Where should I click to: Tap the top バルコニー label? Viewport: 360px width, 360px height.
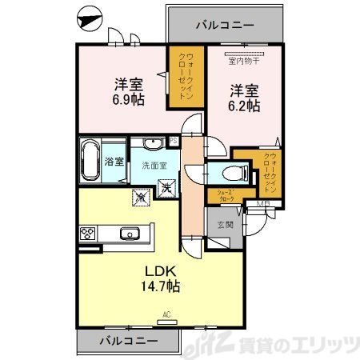click(x=225, y=26)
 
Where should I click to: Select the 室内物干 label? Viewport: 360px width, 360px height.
click(x=243, y=61)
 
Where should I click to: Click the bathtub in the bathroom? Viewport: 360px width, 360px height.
click(x=90, y=161)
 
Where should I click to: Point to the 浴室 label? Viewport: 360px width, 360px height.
click(x=114, y=162)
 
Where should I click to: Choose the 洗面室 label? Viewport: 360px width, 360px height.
click(x=154, y=166)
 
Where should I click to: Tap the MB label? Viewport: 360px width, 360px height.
click(x=262, y=203)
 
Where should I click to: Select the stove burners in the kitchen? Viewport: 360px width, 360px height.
click(x=87, y=234)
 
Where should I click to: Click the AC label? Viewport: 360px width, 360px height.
click(x=168, y=314)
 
